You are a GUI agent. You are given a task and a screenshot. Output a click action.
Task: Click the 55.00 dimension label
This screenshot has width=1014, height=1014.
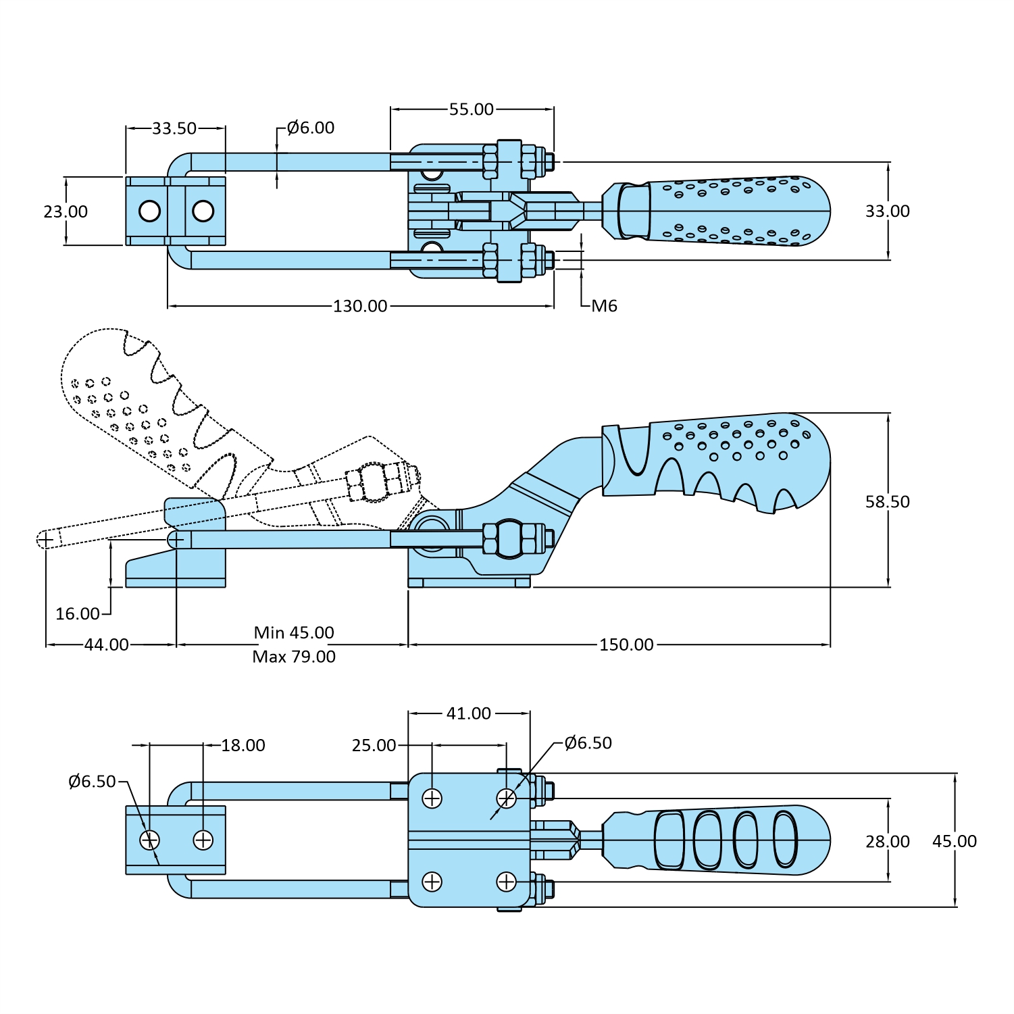click(471, 109)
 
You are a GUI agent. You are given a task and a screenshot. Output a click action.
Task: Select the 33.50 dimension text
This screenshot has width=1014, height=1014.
click(174, 128)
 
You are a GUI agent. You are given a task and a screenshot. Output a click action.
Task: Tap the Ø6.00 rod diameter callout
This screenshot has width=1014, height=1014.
click(310, 128)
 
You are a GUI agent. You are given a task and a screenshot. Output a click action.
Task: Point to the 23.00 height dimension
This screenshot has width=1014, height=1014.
click(66, 211)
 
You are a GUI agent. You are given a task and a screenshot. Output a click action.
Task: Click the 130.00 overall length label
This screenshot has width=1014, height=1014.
click(360, 306)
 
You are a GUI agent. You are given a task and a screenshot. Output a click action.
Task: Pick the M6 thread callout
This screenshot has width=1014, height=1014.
click(604, 306)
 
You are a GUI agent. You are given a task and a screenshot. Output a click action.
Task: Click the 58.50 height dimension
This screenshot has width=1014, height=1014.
click(887, 501)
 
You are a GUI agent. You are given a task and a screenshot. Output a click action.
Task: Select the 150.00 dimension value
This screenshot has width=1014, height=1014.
click(626, 644)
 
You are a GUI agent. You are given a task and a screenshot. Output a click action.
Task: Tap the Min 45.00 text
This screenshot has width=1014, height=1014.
click(294, 632)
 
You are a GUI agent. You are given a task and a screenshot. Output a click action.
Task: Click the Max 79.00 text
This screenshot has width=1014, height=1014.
click(294, 657)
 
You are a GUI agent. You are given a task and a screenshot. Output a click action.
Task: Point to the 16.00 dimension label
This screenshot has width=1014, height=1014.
click(77, 613)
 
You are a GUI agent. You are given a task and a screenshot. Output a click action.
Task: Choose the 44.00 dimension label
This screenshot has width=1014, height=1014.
click(106, 644)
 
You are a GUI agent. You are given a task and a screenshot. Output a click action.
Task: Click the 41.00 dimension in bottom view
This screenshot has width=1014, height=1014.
click(468, 713)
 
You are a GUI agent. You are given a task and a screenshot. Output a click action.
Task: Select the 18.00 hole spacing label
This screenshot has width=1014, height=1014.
click(243, 745)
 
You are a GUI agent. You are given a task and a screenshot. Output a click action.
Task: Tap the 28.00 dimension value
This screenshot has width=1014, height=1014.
click(887, 841)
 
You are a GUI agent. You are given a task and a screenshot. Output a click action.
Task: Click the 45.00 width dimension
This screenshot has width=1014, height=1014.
click(954, 841)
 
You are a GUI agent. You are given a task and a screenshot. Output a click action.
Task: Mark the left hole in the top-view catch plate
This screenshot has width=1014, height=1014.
click(149, 211)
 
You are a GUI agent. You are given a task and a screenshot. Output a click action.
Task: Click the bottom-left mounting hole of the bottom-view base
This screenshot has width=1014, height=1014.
click(432, 882)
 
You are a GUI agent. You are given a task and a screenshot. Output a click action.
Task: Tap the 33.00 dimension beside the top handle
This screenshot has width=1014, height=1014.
click(887, 211)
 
